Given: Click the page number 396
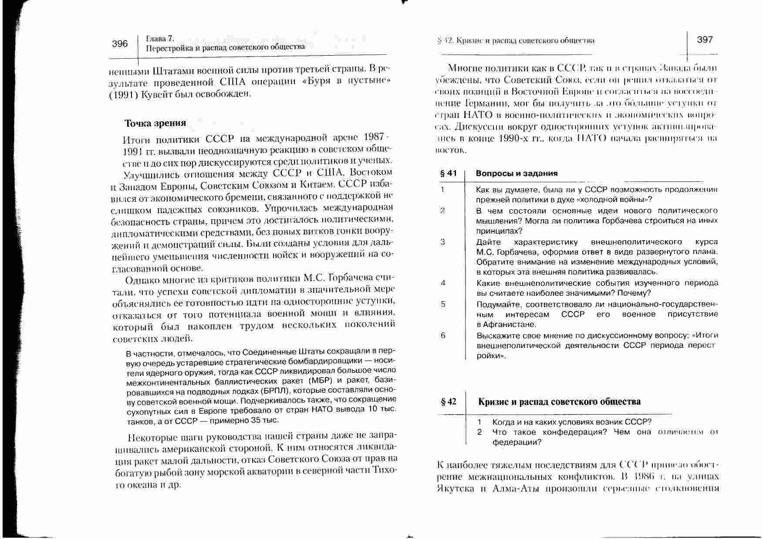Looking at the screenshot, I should coord(120,44).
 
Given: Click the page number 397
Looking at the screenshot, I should coord(705,40).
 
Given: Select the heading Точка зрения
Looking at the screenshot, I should coord(155,123).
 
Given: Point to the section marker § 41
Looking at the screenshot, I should coord(449,173).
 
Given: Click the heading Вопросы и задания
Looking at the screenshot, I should coord(517,173).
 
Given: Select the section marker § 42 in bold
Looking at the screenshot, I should coord(449,402).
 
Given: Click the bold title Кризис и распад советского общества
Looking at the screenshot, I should coord(559,402).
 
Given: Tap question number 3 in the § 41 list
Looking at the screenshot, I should coord(442,242).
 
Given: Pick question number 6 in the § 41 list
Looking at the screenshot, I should coord(443,335).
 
